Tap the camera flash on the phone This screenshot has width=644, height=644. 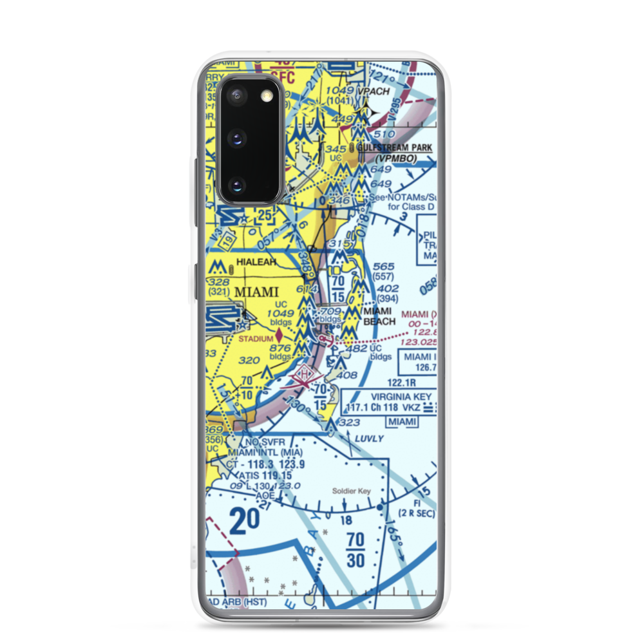265,96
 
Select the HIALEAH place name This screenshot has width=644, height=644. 256,262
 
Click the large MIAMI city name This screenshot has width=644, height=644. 256,292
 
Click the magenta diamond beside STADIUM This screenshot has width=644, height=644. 279,335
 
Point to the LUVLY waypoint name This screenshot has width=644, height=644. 368,439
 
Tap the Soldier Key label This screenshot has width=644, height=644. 352,491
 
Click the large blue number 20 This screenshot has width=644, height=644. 245,520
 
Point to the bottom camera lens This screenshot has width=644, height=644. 236,185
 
